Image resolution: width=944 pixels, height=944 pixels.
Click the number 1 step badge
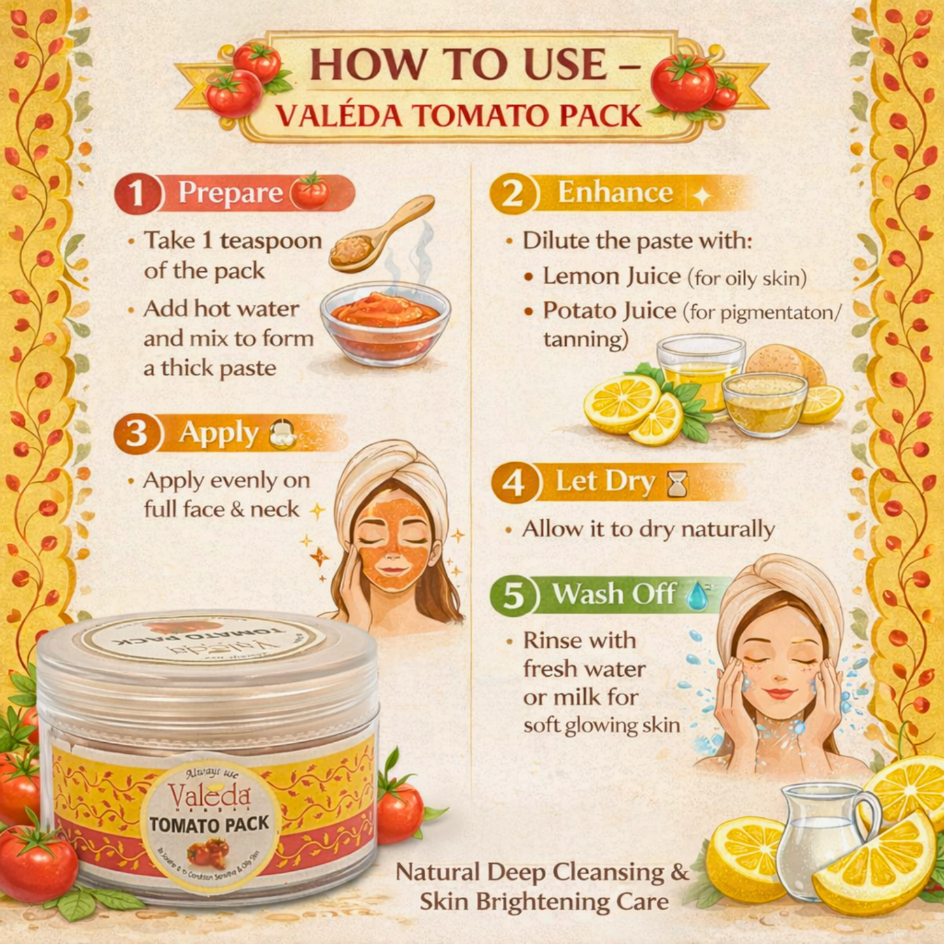pos(137,194)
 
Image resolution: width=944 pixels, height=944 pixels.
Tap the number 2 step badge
pos(513,194)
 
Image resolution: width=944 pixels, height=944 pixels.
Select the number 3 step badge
pos(137,434)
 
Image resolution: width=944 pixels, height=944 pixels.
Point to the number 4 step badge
pos(514,483)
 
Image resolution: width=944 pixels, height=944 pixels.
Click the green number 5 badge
pos(513,595)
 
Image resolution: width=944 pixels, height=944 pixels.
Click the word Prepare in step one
pos(231,193)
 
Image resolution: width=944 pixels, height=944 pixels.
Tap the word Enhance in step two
pos(615,193)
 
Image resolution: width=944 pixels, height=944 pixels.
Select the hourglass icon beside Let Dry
pos(677,484)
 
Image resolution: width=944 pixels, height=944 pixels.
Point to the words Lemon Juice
pos(611,276)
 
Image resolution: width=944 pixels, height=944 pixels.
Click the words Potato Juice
pos(610,311)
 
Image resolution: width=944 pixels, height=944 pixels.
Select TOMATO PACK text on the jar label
pos(209,824)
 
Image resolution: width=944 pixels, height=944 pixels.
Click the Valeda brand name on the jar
pos(209,796)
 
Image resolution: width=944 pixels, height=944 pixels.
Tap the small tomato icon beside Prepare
pos(310,192)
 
